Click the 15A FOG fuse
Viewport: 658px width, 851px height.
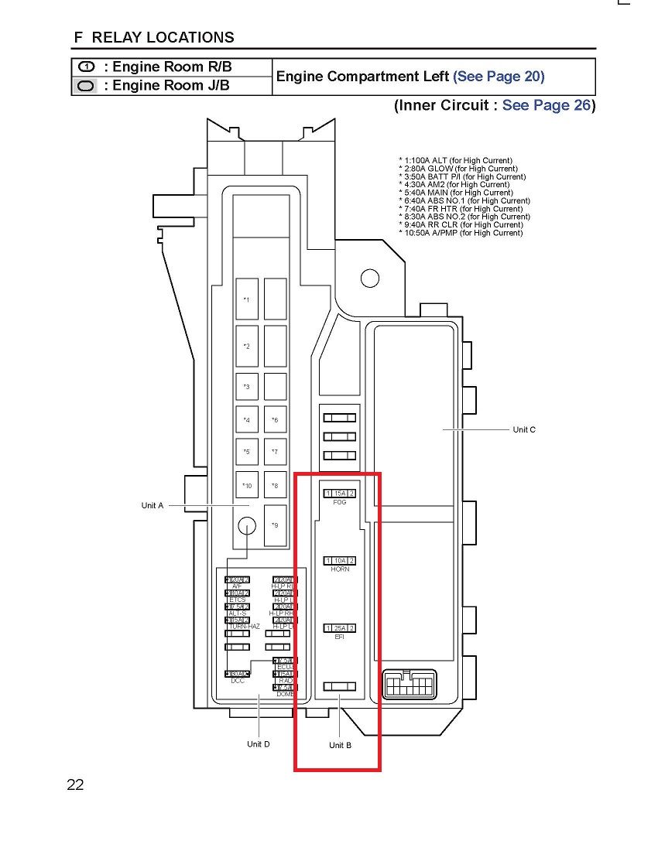[x=340, y=494]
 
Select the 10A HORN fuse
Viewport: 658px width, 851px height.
[x=340, y=560]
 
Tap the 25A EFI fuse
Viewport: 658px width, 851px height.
[x=340, y=627]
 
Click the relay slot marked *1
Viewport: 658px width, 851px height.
[x=248, y=299]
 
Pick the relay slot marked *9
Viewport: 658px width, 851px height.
[x=275, y=525]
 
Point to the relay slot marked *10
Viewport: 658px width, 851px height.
[x=248, y=486]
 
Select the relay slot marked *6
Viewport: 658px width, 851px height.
[x=275, y=420]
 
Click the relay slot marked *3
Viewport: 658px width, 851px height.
[x=248, y=386]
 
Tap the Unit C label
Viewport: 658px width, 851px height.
[x=524, y=429]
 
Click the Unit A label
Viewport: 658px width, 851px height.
[x=153, y=505]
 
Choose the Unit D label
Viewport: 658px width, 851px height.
[x=259, y=744]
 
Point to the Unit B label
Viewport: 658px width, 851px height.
[x=340, y=745]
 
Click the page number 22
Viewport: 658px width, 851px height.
[x=75, y=785]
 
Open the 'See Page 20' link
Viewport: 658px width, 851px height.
[x=499, y=77]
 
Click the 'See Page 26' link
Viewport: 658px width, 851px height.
[x=547, y=105]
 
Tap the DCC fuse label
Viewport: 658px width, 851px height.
[x=238, y=681]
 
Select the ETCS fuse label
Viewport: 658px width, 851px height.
[x=238, y=600]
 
